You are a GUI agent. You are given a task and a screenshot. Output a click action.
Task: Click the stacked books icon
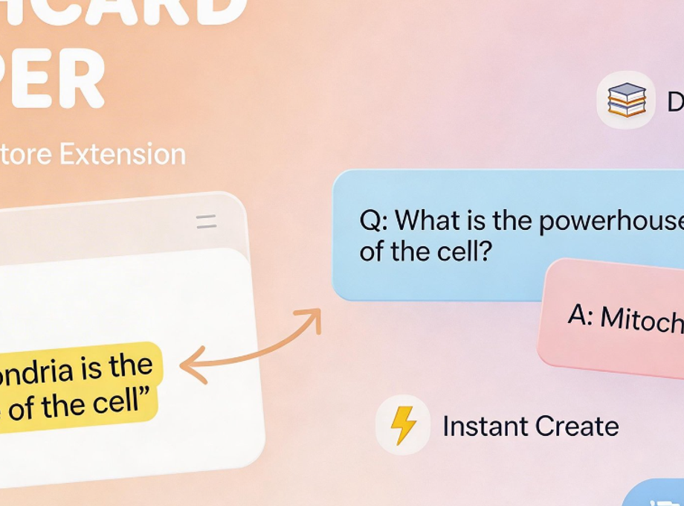(626, 100)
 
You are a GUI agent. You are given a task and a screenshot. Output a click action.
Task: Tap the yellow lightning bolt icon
(403, 425)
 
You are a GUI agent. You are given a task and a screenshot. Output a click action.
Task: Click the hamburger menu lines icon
(206, 221)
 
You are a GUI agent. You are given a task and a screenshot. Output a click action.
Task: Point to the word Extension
(122, 155)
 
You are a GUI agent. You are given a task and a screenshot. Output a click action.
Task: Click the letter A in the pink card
(581, 316)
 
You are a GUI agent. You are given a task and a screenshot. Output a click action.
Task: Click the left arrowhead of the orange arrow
(190, 365)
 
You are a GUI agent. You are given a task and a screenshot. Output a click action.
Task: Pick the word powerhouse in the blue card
(610, 221)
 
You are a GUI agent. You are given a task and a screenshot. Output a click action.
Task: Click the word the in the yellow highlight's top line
(131, 365)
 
